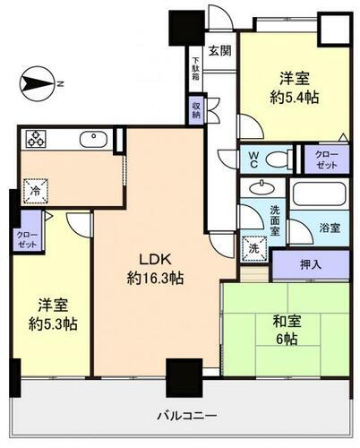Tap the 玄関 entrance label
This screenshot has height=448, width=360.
[219, 50]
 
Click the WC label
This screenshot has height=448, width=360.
[253, 159]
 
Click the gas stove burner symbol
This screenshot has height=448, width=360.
[38, 140]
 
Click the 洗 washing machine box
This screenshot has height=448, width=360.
[250, 245]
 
